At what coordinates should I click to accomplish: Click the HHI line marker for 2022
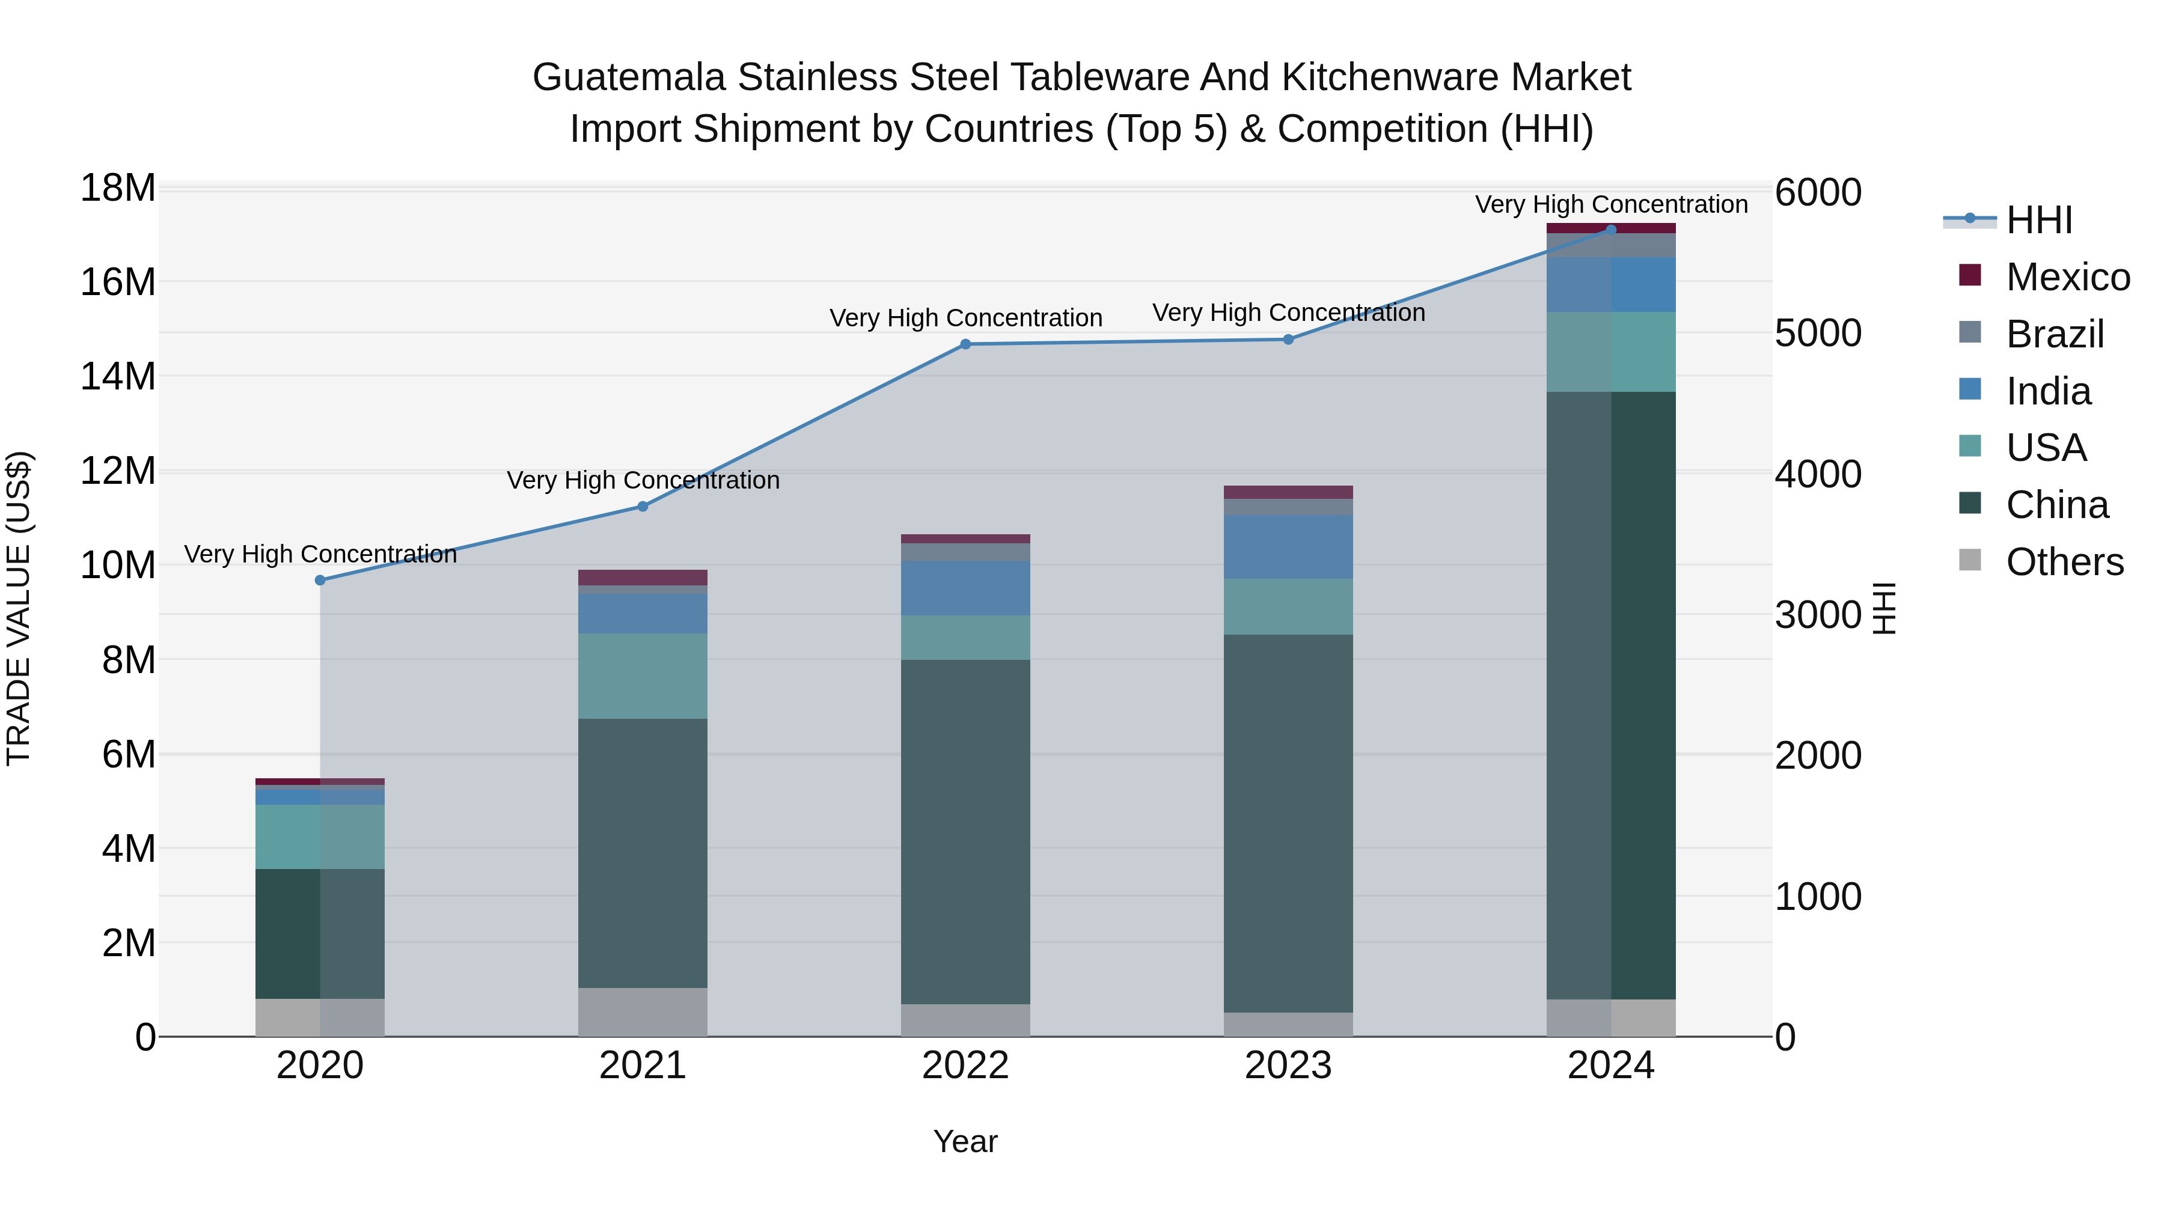point(965,344)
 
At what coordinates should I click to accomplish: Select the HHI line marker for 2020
point(320,581)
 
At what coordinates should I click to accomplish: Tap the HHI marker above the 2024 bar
point(1610,230)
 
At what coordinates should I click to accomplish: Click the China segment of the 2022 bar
point(965,832)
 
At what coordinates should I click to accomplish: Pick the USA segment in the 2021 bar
point(643,676)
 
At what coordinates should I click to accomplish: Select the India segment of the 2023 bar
point(1288,547)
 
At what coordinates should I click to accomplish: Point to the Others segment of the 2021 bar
point(643,1012)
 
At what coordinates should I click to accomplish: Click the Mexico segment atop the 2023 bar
point(1288,492)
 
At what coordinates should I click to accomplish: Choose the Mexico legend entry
point(2067,277)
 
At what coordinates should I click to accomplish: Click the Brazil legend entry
point(2054,334)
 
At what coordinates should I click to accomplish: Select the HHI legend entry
point(2039,220)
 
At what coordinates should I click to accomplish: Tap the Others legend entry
point(2064,562)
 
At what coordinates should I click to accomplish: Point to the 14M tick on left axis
point(118,376)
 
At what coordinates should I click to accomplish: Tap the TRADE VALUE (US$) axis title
point(19,608)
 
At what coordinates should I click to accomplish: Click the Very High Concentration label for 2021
point(643,480)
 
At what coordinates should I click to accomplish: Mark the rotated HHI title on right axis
point(1884,608)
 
